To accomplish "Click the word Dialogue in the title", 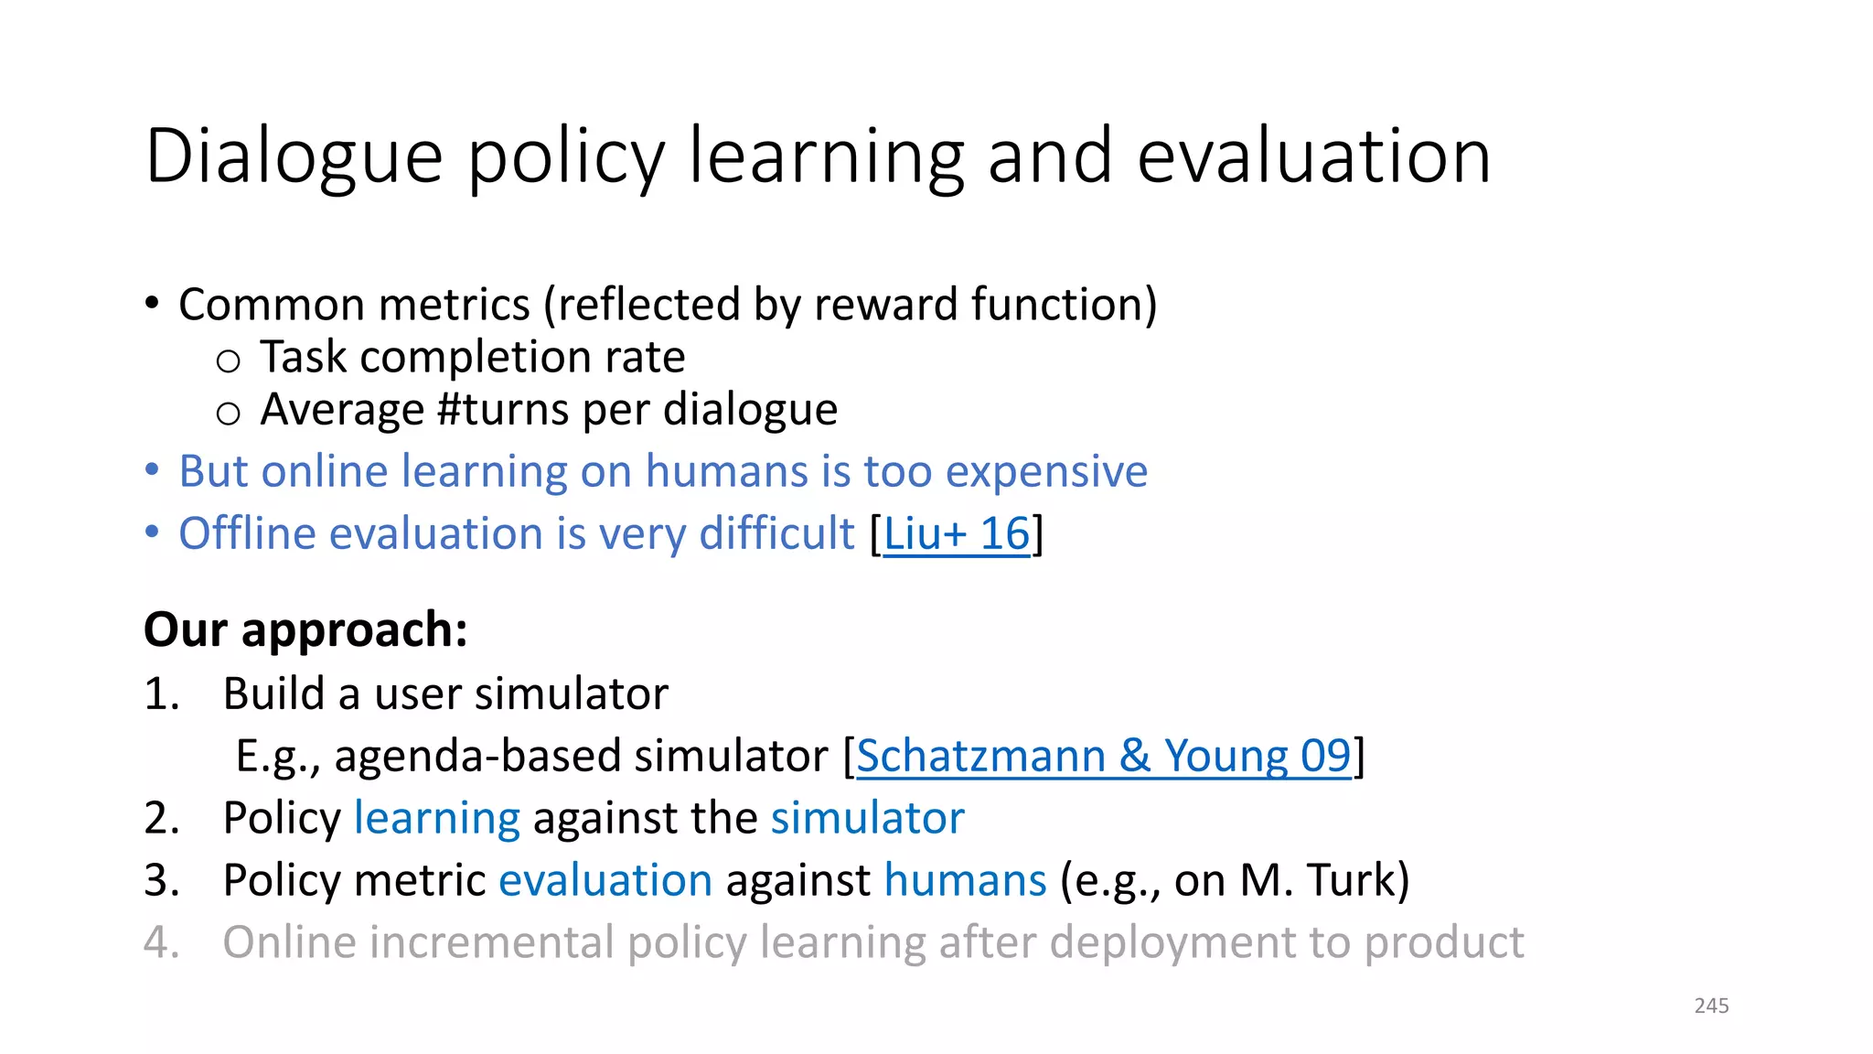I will click(x=294, y=157).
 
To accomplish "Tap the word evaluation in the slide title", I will click(x=1314, y=157).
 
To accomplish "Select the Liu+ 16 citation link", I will click(x=957, y=533).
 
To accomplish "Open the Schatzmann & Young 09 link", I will click(x=1103, y=757).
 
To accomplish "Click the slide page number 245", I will click(x=1711, y=1006).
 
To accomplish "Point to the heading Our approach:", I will click(x=305, y=630).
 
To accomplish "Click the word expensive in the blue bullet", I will click(x=1046, y=472).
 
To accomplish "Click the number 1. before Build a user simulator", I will click(x=161, y=694).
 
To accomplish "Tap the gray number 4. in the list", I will click(x=161, y=943).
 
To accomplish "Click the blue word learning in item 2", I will click(x=436, y=819).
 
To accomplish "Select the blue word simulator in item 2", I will click(x=867, y=819).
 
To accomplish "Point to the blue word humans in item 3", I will click(x=965, y=881).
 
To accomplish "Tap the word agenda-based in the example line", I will click(x=477, y=757).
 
